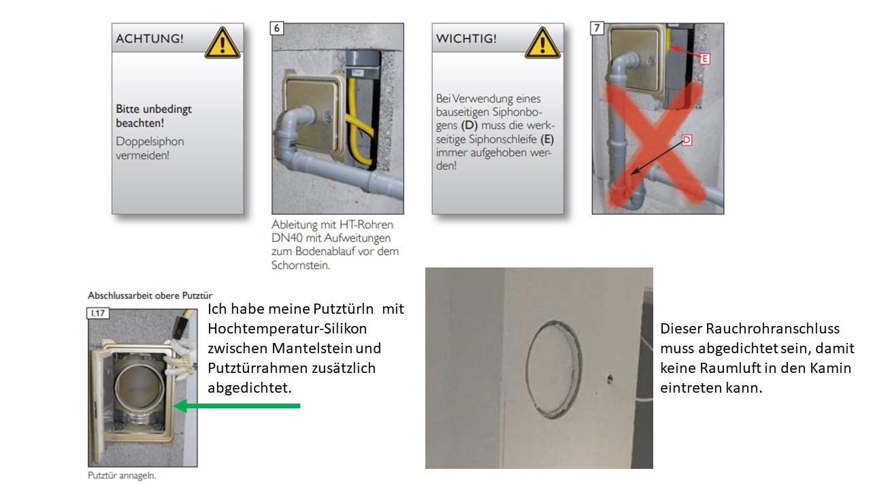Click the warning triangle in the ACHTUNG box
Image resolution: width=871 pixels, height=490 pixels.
(222, 43)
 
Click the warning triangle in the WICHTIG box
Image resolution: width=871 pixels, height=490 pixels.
(542, 43)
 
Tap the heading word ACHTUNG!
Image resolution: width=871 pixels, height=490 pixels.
(150, 39)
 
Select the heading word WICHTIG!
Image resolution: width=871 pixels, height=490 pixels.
(466, 39)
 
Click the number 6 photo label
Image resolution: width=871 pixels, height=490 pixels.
(276, 29)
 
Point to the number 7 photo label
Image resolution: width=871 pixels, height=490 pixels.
(597, 29)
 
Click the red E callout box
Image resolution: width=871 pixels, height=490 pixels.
(705, 59)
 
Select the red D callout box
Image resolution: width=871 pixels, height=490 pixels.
(687, 140)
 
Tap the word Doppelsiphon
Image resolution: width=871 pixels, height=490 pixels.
(150, 142)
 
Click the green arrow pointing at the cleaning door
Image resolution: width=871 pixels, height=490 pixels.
(237, 406)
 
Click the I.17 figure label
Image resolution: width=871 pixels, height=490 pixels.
(97, 313)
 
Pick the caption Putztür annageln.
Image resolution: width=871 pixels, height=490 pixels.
(122, 476)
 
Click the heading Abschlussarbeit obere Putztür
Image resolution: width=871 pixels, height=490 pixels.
(150, 295)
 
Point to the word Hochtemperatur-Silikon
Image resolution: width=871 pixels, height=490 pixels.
(287, 329)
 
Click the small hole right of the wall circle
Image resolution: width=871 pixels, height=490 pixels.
(610, 378)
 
